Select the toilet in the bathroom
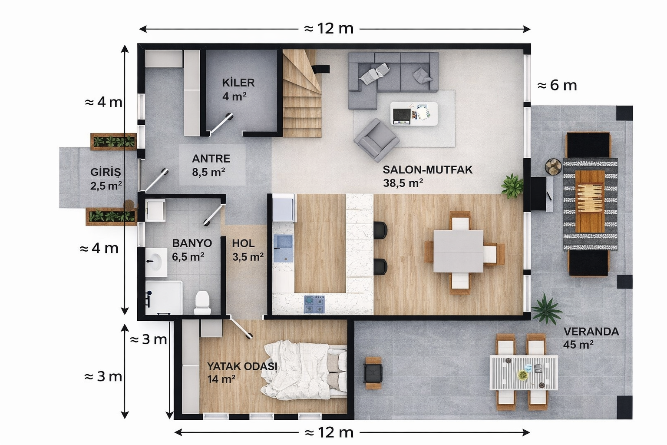click(202, 302)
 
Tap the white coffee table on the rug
click(414, 113)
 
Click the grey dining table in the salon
click(459, 251)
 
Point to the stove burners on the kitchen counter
click(314, 304)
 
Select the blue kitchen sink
click(283, 248)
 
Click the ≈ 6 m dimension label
click(557, 85)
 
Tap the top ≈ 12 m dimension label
click(329, 29)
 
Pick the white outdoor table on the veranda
click(523, 372)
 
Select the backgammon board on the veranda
click(590, 201)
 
